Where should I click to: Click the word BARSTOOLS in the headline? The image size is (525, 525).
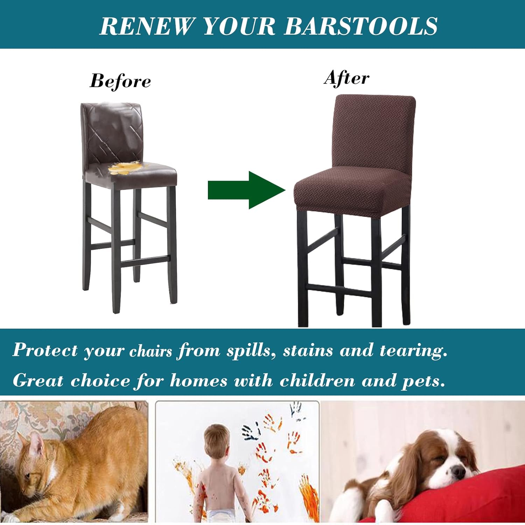[360, 26]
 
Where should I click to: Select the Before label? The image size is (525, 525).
[120, 81]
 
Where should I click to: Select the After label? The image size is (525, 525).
[346, 78]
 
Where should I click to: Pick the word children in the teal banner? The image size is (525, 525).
[317, 380]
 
